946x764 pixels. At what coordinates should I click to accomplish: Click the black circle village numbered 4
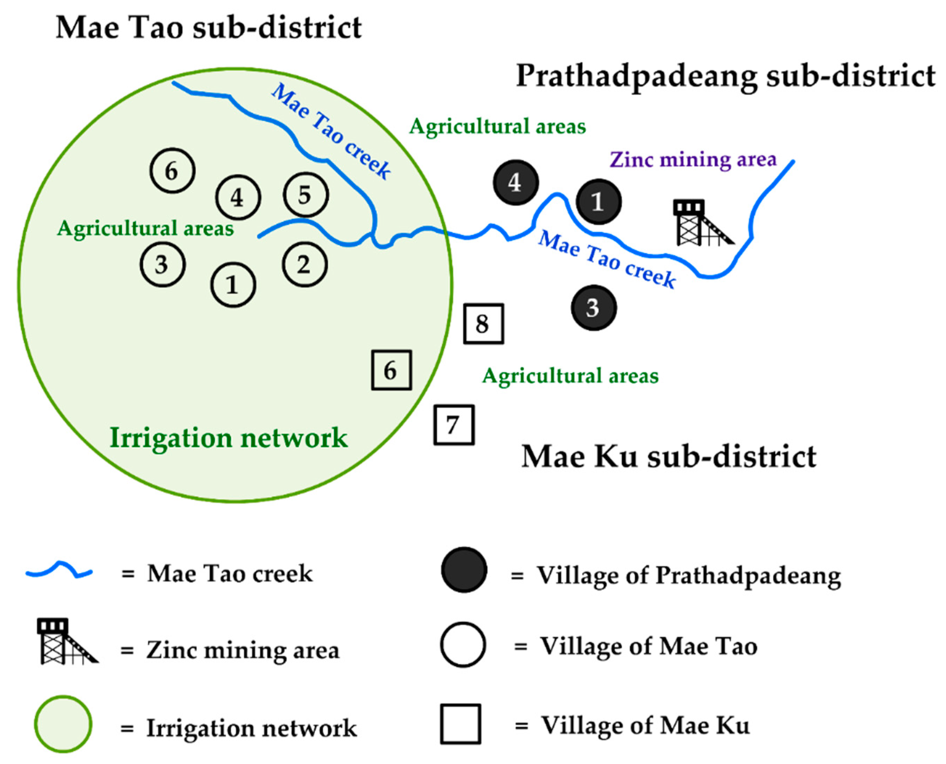(516, 182)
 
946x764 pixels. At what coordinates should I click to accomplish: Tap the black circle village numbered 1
(598, 202)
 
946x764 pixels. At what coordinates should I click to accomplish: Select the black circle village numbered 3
(593, 308)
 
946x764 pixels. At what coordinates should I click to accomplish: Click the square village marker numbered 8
(483, 324)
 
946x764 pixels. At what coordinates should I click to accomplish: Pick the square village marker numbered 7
(454, 425)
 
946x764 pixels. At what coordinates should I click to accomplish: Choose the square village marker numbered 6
(391, 370)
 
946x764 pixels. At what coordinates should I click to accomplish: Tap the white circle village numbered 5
(306, 195)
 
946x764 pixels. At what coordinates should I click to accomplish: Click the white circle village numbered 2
(304, 265)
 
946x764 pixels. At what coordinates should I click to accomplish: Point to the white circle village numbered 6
(172, 171)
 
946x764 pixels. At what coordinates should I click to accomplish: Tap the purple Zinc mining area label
(693, 159)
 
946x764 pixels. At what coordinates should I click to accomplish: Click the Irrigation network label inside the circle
(229, 438)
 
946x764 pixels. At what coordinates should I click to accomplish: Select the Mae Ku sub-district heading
(669, 456)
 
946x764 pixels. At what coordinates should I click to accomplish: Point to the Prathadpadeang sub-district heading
(725, 76)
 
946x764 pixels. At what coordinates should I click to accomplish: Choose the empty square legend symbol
(460, 724)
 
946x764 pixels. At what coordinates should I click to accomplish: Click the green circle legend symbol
(63, 724)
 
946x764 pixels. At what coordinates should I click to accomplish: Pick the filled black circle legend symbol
(464, 570)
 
